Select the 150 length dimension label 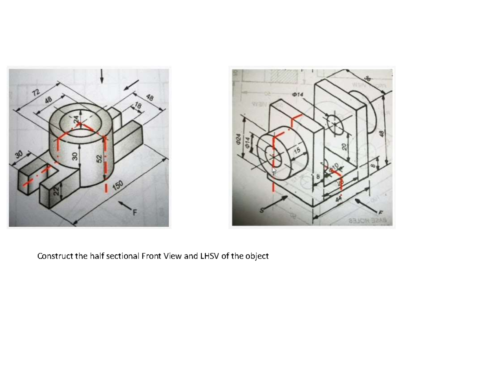point(118,186)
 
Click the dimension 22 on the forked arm point(57,190)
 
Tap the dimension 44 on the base point(339,199)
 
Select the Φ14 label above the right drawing point(298,95)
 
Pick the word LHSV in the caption point(209,256)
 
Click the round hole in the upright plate point(335,122)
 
